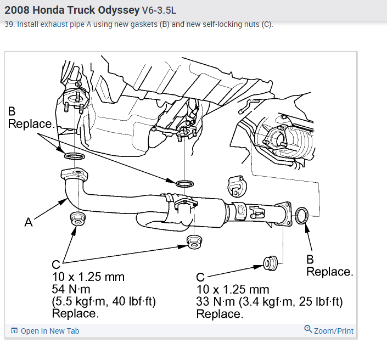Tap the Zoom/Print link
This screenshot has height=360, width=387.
(x=329, y=330)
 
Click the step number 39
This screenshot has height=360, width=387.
(x=9, y=25)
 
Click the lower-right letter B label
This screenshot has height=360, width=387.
(x=311, y=260)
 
